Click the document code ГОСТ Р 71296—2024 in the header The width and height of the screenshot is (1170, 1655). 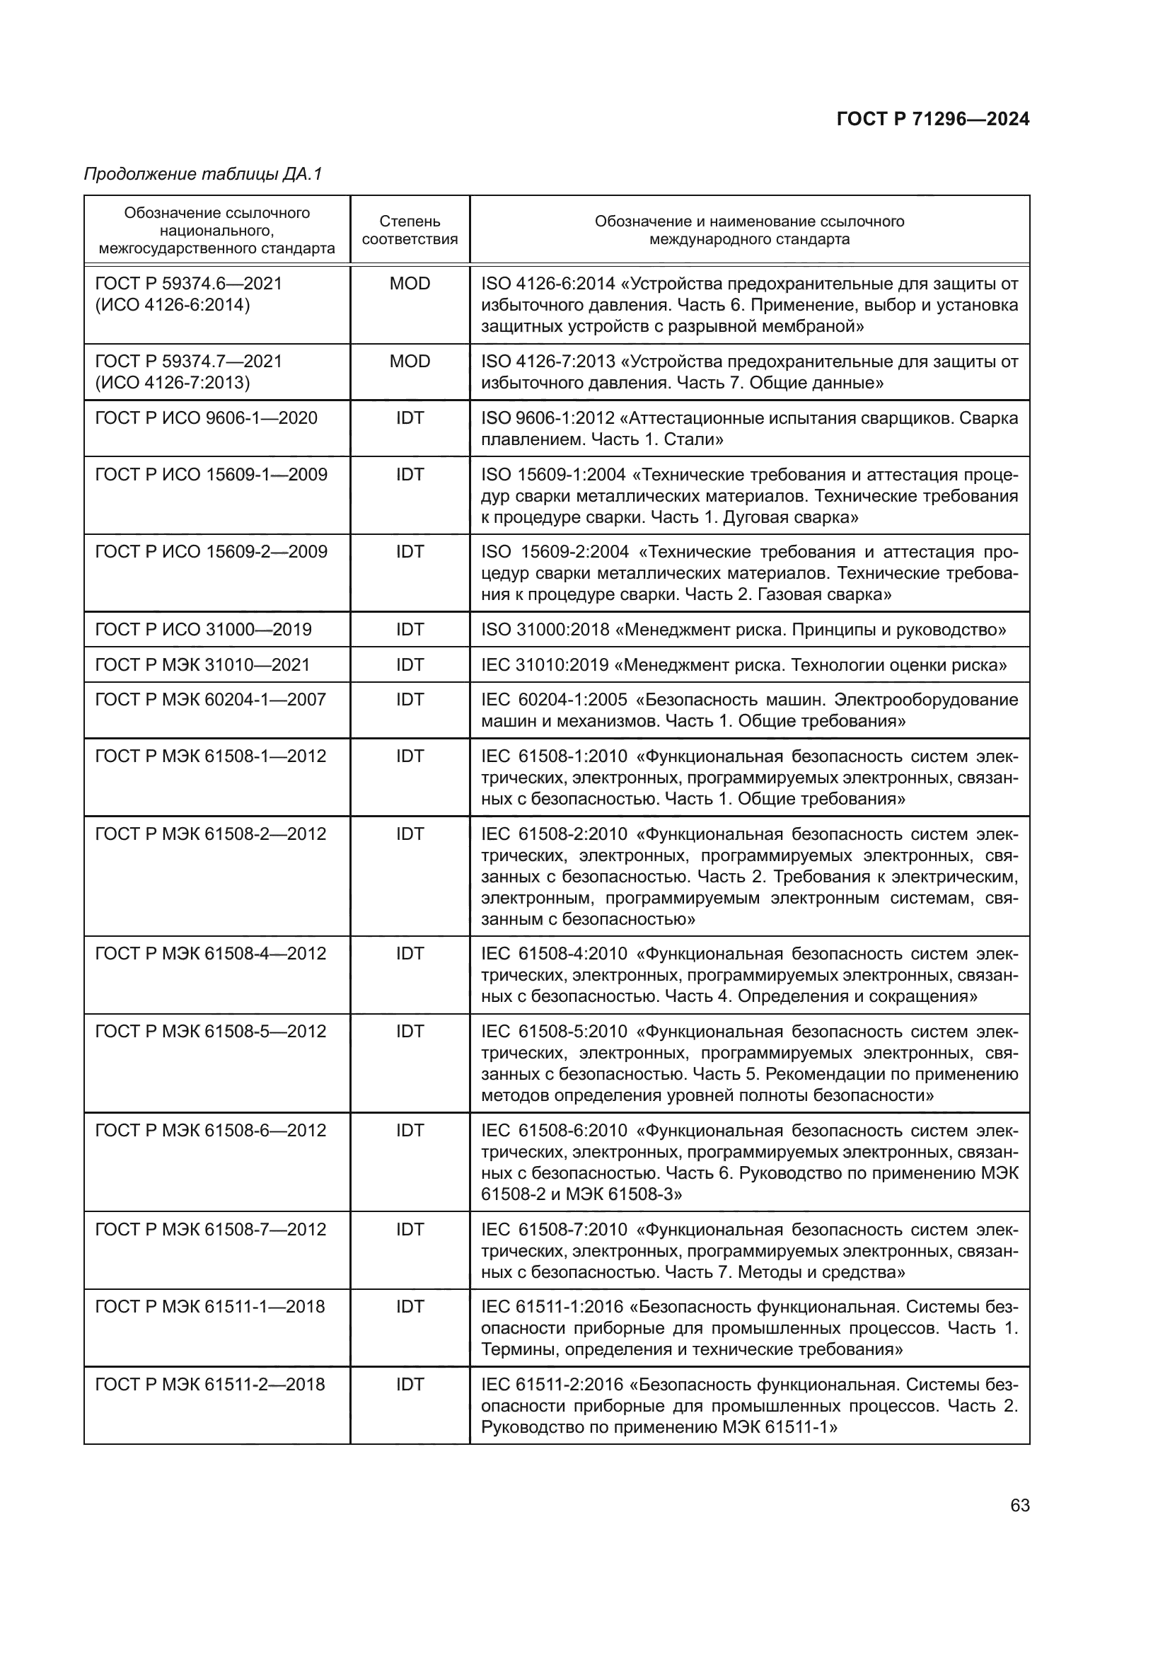pyautogui.click(x=932, y=119)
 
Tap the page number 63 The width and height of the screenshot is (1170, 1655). pyautogui.click(x=1019, y=1506)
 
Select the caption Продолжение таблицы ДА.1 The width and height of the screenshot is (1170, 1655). pyautogui.click(x=203, y=174)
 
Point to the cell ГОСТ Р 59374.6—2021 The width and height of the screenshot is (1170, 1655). pyautogui.click(x=189, y=283)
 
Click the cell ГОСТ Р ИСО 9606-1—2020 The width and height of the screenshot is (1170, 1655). pyautogui.click(x=206, y=418)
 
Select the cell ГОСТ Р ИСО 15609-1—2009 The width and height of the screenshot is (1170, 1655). pyautogui.click(x=211, y=474)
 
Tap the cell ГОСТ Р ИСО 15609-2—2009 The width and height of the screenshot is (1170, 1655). pyautogui.click(x=211, y=551)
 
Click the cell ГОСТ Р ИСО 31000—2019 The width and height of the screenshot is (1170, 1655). pyautogui.click(x=203, y=629)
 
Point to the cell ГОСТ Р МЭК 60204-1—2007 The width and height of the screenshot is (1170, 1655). pyautogui.click(x=210, y=699)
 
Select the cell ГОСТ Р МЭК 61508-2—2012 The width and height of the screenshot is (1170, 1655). pyautogui.click(x=210, y=834)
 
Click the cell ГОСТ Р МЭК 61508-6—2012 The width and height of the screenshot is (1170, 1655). pyautogui.click(x=210, y=1130)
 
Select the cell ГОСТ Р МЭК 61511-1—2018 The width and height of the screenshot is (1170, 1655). pyautogui.click(x=209, y=1307)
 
